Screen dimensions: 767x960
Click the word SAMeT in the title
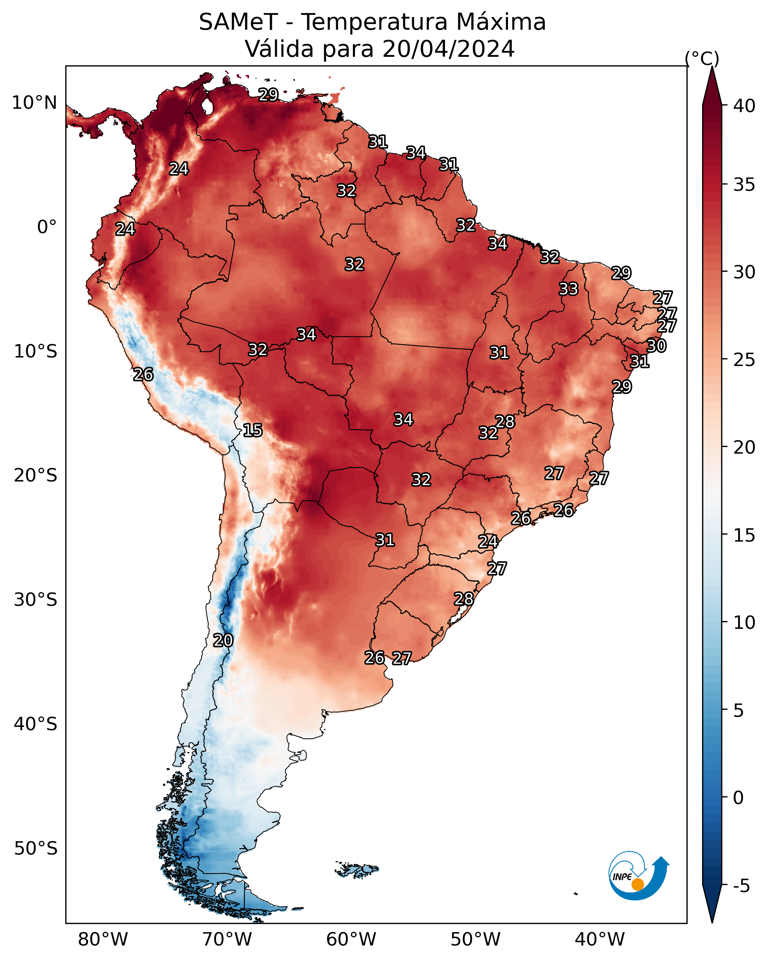[x=238, y=22]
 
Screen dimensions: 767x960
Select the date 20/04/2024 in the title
[x=448, y=49]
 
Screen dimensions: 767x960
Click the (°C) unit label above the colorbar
[x=702, y=58]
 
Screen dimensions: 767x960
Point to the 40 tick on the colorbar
[x=744, y=106]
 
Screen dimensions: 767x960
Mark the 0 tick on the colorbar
[x=738, y=798]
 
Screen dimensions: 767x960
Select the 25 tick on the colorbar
[x=744, y=360]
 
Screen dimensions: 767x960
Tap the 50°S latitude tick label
[x=36, y=849]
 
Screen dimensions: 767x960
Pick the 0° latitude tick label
[x=47, y=227]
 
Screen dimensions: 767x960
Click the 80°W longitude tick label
[x=103, y=940]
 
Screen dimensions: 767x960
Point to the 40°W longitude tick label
[x=600, y=940]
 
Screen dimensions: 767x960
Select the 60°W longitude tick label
[x=351, y=940]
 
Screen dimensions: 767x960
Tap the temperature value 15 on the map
[x=253, y=430]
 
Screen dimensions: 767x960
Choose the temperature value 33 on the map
[x=568, y=289]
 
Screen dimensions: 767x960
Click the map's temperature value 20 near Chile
[x=223, y=640]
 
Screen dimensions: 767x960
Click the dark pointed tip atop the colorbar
[x=712, y=68]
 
